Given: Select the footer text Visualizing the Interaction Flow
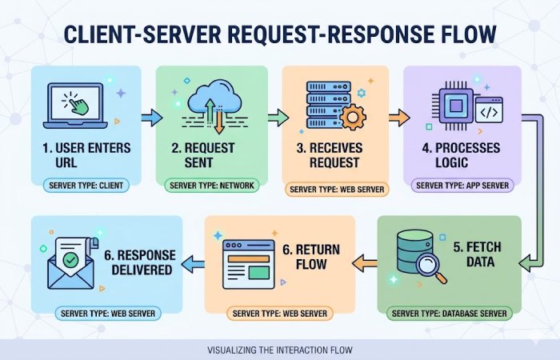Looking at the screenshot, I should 279,350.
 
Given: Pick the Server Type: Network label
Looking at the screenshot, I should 211,186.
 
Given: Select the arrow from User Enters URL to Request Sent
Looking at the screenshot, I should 151,118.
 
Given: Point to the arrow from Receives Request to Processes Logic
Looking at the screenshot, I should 398,118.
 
